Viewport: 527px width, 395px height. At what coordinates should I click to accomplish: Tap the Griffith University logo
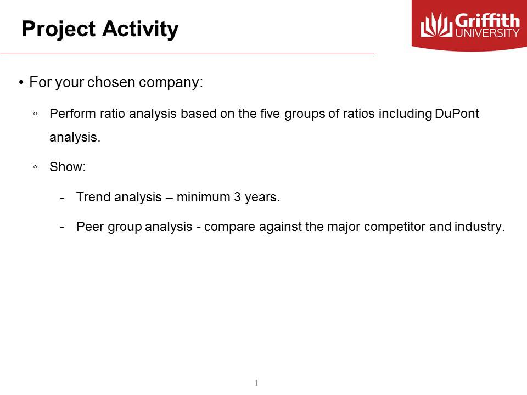(469, 26)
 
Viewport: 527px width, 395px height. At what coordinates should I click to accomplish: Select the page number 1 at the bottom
(256, 382)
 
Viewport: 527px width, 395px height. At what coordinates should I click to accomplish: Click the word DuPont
(457, 114)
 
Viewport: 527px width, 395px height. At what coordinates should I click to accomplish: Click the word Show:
(68, 167)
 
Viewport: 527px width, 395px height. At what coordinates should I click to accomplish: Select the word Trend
(93, 197)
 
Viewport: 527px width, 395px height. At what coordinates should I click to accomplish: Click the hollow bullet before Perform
(35, 114)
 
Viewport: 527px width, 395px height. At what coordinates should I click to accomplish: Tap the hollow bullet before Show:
(35, 167)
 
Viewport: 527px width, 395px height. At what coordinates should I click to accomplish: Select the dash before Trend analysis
(63, 197)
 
